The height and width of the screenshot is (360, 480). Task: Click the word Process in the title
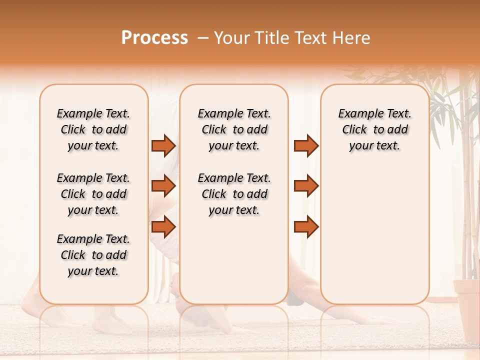coord(154,38)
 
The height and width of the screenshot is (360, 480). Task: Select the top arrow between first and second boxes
coord(163,145)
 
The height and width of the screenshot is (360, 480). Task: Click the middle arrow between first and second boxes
coord(163,186)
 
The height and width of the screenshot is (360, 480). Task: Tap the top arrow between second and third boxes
coord(306,145)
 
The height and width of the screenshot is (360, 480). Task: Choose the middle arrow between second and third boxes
coord(306,186)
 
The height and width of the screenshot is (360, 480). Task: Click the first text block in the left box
coord(93,129)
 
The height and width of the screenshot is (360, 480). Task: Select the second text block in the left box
coord(93,194)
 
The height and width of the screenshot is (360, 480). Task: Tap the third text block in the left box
coord(93,255)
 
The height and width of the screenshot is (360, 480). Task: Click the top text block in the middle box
coord(234,129)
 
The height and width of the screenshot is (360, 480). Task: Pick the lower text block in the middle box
coord(234,194)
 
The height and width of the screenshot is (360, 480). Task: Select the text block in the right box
coord(374,129)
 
